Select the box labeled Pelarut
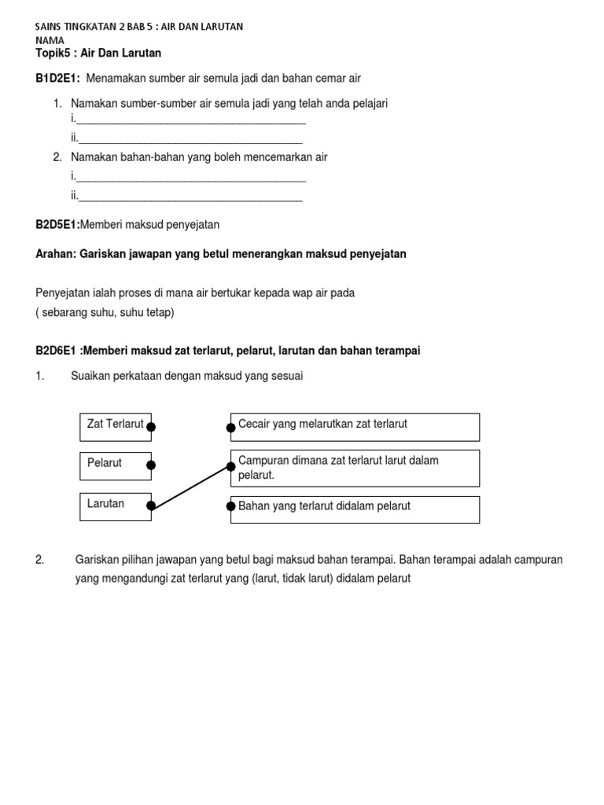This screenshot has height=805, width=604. pyautogui.click(x=115, y=465)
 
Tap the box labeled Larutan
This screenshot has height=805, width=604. pyautogui.click(x=115, y=505)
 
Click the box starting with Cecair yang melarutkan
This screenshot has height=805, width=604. pyautogui.click(x=355, y=427)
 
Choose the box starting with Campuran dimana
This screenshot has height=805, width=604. pyautogui.click(x=355, y=468)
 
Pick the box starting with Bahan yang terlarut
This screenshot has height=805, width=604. pyautogui.click(x=355, y=509)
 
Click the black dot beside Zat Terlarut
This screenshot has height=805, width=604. pyautogui.click(x=151, y=427)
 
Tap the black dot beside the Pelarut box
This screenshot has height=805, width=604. pyautogui.click(x=151, y=465)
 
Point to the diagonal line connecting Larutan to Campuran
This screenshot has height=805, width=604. pyautogui.click(x=191, y=487)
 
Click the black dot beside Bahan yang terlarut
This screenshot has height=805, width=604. pyautogui.click(x=230, y=506)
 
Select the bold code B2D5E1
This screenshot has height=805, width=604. pyautogui.click(x=57, y=225)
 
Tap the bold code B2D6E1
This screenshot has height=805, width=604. pyautogui.click(x=58, y=351)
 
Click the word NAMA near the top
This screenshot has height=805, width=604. pyautogui.click(x=50, y=39)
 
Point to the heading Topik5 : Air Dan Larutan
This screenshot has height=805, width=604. pyautogui.click(x=98, y=53)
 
